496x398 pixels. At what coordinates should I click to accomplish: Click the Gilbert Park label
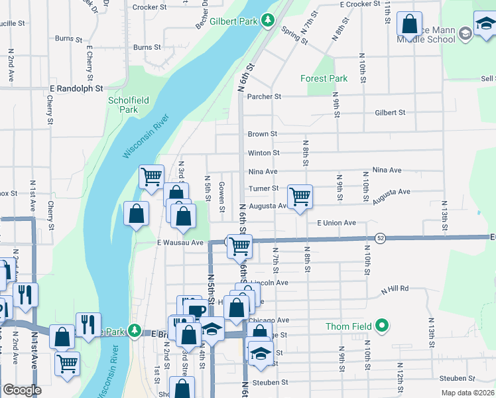pos(233,21)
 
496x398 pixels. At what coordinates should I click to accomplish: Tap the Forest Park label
pos(324,78)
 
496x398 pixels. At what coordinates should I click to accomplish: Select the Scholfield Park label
pos(123,105)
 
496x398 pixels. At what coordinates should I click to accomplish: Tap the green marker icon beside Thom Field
pos(381,326)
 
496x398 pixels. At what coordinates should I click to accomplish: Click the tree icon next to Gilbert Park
pos(268,21)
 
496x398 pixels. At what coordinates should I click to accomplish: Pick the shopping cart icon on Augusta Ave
pos(300,196)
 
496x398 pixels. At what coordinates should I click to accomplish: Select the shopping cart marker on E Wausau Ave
pos(239,246)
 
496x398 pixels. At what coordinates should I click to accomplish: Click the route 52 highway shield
pos(380,237)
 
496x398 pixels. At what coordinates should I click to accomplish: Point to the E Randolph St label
pos(76,88)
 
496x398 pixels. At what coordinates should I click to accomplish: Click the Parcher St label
pos(264,96)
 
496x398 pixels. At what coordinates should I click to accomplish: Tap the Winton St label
pos(263,153)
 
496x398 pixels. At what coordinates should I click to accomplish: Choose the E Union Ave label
pos(336,223)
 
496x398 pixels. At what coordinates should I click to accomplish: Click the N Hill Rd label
pos(395,289)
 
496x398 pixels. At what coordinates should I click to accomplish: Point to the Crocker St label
pos(149,7)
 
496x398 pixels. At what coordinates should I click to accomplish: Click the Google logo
pos(22,390)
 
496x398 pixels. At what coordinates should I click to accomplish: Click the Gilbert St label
pos(390,113)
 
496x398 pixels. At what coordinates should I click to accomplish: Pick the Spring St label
pos(294,35)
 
